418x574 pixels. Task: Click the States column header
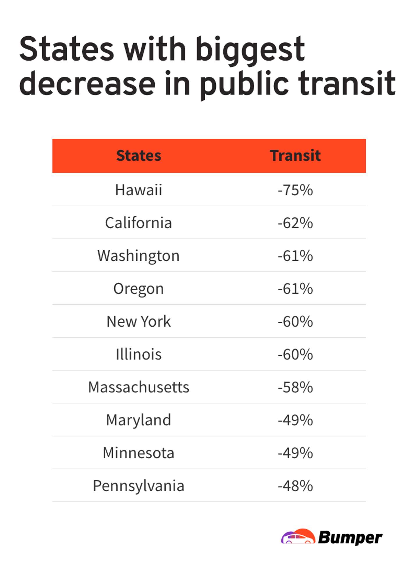[x=139, y=155]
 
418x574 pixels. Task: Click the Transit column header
[x=295, y=155]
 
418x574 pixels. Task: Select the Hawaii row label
[x=139, y=190]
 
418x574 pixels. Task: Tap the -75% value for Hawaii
[x=295, y=190]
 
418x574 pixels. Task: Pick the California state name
[x=139, y=223]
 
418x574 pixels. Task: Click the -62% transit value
[x=295, y=223]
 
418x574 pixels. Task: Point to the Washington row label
[x=139, y=256]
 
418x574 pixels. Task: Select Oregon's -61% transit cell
[x=295, y=289]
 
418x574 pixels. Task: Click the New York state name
[x=139, y=321]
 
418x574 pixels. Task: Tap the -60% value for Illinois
[x=295, y=354]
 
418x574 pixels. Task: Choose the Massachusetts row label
[x=139, y=387]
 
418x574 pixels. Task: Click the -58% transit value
[x=295, y=387]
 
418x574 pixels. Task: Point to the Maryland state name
[x=139, y=420]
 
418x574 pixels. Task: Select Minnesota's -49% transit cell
[x=295, y=453]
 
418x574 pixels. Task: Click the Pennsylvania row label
[x=139, y=486]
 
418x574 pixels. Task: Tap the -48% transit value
[x=295, y=486]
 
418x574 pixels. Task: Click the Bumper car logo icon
[x=298, y=537]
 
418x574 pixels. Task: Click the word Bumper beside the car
[x=350, y=538]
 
